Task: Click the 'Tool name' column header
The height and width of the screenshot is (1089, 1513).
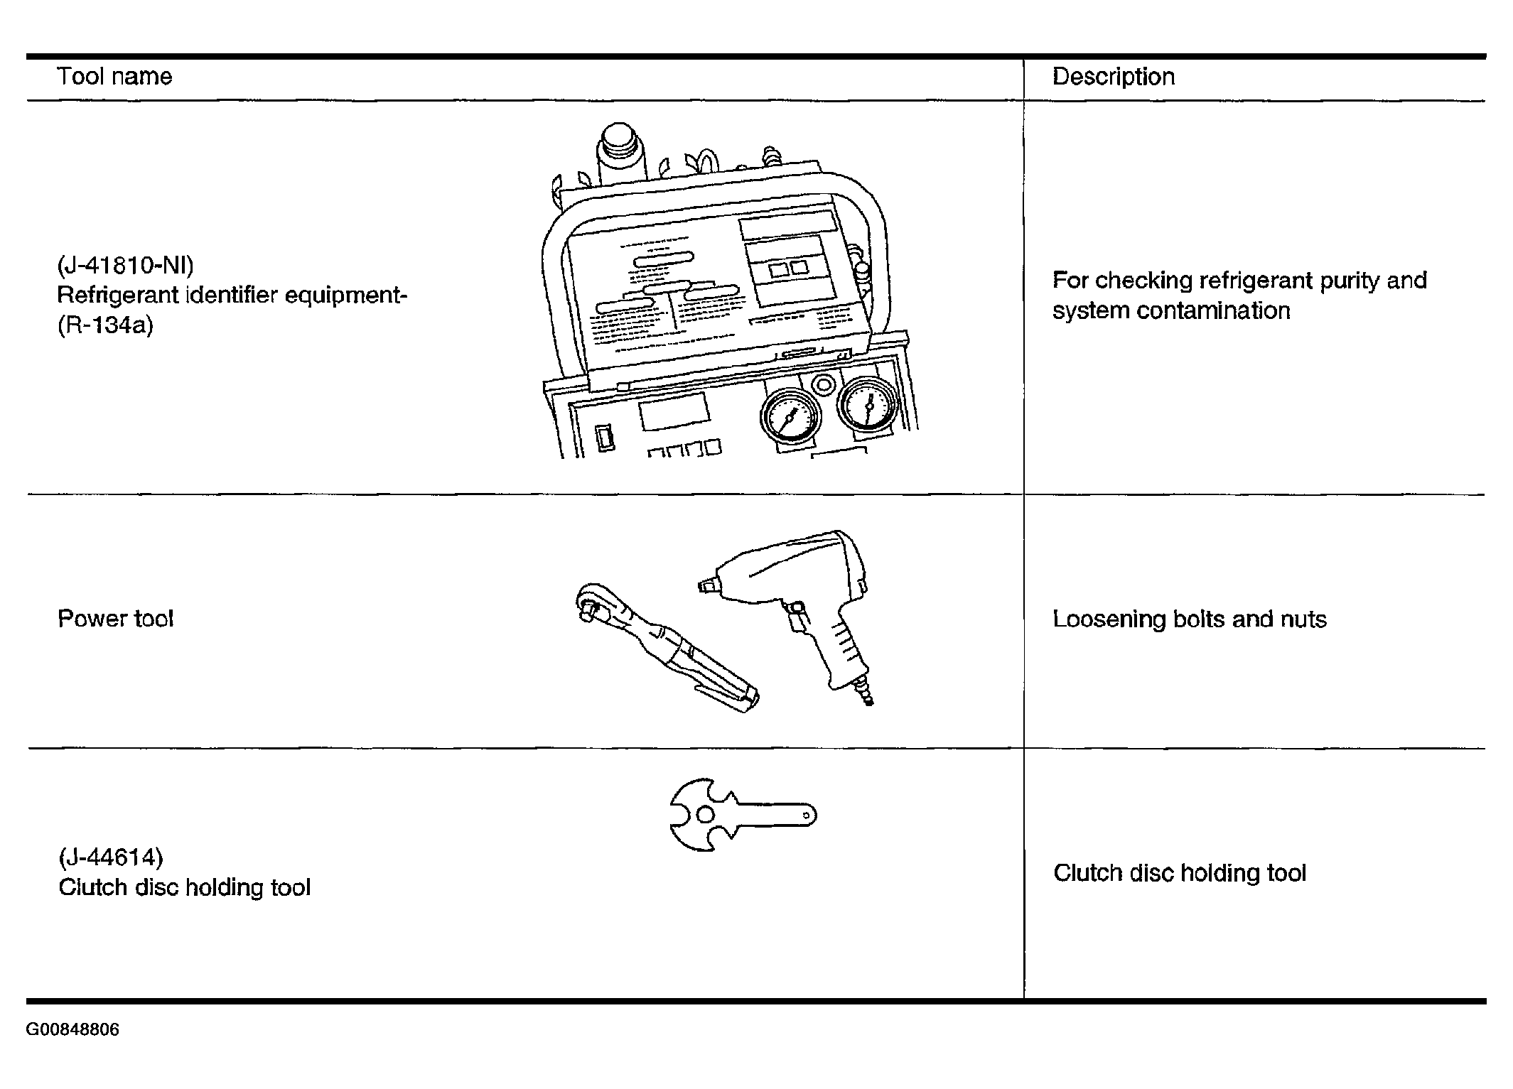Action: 114,77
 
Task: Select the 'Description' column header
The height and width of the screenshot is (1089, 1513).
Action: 1113,77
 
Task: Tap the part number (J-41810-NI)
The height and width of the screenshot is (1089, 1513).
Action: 125,266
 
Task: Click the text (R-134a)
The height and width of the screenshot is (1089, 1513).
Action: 105,325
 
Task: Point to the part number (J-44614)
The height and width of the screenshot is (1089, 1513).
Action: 111,857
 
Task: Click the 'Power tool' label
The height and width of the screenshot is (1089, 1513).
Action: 115,619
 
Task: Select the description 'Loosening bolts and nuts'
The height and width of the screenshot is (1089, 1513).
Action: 1189,619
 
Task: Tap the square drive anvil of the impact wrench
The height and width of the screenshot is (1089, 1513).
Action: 706,586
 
